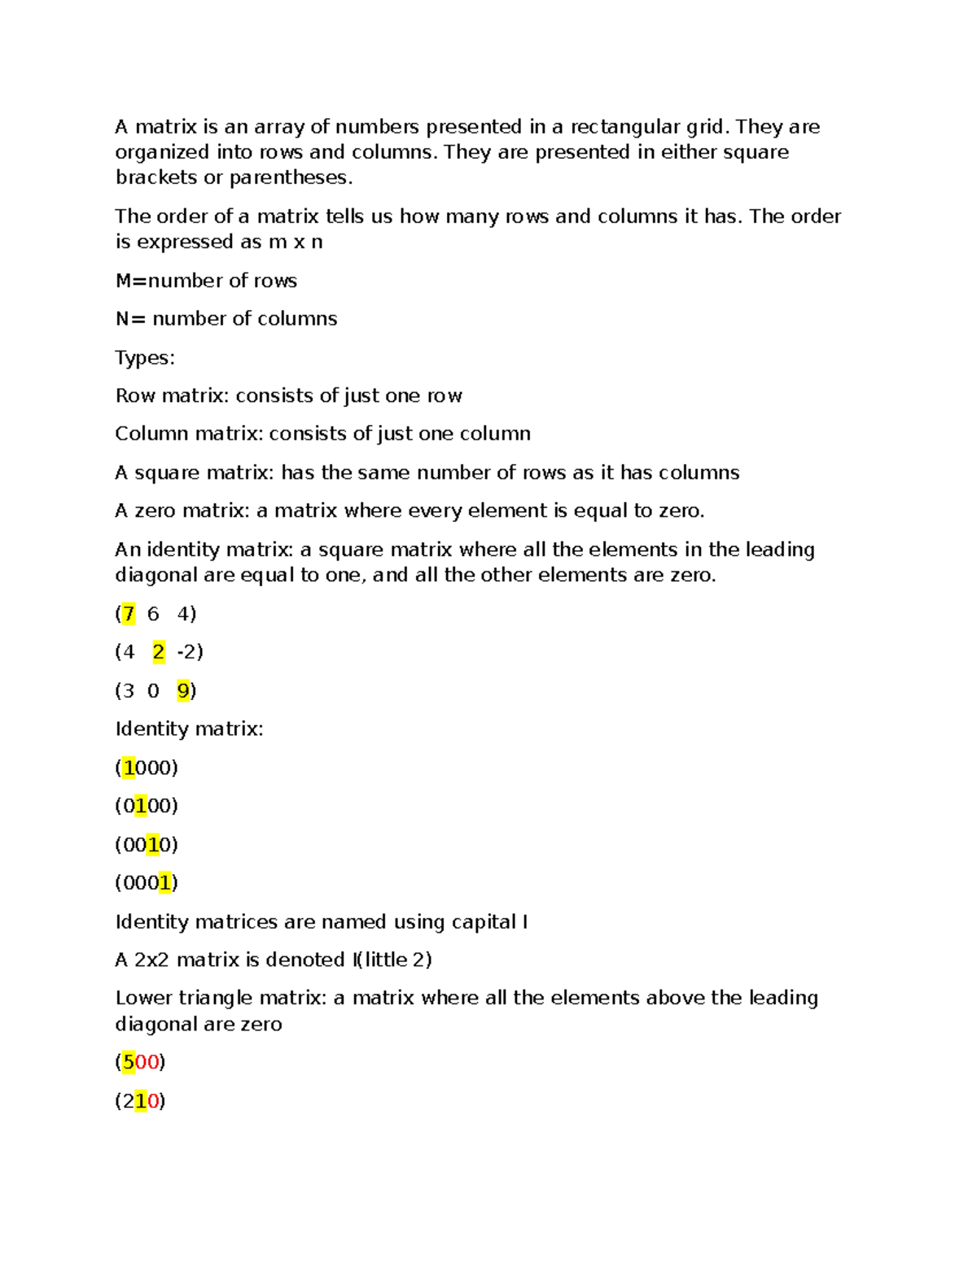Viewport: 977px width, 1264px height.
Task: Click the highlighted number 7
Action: tap(128, 614)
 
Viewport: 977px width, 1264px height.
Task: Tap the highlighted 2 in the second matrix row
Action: tap(159, 652)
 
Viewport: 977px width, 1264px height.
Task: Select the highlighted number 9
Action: tap(183, 691)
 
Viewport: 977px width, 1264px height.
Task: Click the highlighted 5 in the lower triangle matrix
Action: tap(128, 1062)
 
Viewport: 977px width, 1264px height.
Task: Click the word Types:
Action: tap(145, 358)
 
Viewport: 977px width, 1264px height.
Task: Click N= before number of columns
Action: tap(130, 319)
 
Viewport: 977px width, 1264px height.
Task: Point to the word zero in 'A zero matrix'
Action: tap(155, 511)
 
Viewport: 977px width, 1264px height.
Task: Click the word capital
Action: tap(484, 922)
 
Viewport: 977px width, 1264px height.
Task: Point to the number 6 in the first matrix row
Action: tap(153, 614)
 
